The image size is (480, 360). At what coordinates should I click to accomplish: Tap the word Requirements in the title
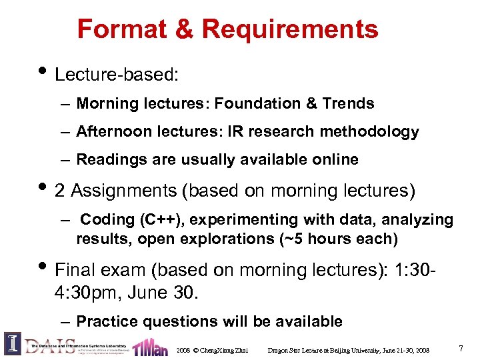pos(290,29)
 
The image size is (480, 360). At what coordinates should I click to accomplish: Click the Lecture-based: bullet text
pos(117,74)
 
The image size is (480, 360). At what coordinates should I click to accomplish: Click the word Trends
pos(348,103)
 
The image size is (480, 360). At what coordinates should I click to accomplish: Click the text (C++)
pos(154,219)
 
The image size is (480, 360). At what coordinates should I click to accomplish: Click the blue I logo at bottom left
pos(13,343)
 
